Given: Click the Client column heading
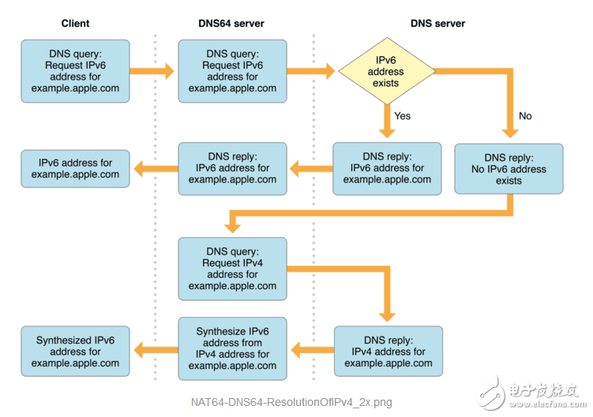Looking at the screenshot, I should pyautogui.click(x=75, y=24).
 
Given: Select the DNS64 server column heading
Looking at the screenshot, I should pyautogui.click(x=231, y=24).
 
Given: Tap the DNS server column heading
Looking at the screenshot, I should pyautogui.click(x=437, y=24).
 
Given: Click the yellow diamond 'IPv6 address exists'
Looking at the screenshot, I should pyautogui.click(x=387, y=72).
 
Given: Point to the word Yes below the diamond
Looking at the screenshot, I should pyautogui.click(x=403, y=116).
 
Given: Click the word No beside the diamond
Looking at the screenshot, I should pyautogui.click(x=525, y=116).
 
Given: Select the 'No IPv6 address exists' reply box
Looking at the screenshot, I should pyautogui.click(x=509, y=169).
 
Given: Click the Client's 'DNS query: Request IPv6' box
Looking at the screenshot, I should pyautogui.click(x=75, y=72).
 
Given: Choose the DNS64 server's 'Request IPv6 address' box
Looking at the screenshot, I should pyautogui.click(x=232, y=72).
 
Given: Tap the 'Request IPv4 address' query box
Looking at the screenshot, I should pyautogui.click(x=232, y=269).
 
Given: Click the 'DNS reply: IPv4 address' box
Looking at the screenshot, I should pyautogui.click(x=388, y=352).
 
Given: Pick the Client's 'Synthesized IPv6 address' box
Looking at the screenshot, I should pyautogui.click(x=75, y=352).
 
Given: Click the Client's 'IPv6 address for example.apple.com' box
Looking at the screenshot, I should pyautogui.click(x=75, y=168).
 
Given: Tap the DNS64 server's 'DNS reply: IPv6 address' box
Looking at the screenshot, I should pyautogui.click(x=232, y=168).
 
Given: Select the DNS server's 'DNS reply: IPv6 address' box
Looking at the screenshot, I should pyautogui.click(x=387, y=168).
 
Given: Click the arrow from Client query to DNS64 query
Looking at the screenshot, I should pyautogui.click(x=152, y=72).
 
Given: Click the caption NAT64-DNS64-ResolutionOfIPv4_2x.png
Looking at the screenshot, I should pyautogui.click(x=291, y=402).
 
